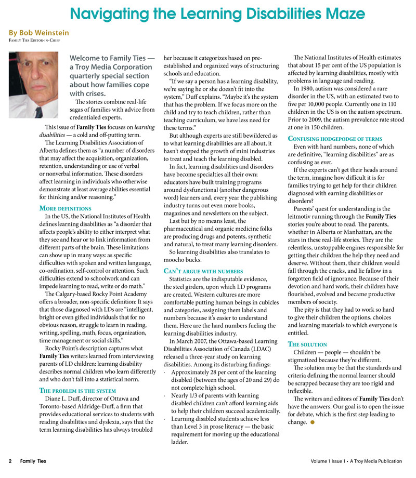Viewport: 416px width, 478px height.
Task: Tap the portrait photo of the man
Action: tap(34, 85)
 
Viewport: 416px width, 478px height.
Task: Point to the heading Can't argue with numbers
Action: tap(203, 271)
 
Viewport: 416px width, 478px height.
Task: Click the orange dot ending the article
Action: tap(313, 422)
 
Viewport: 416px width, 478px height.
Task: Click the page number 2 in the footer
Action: tap(10, 461)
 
